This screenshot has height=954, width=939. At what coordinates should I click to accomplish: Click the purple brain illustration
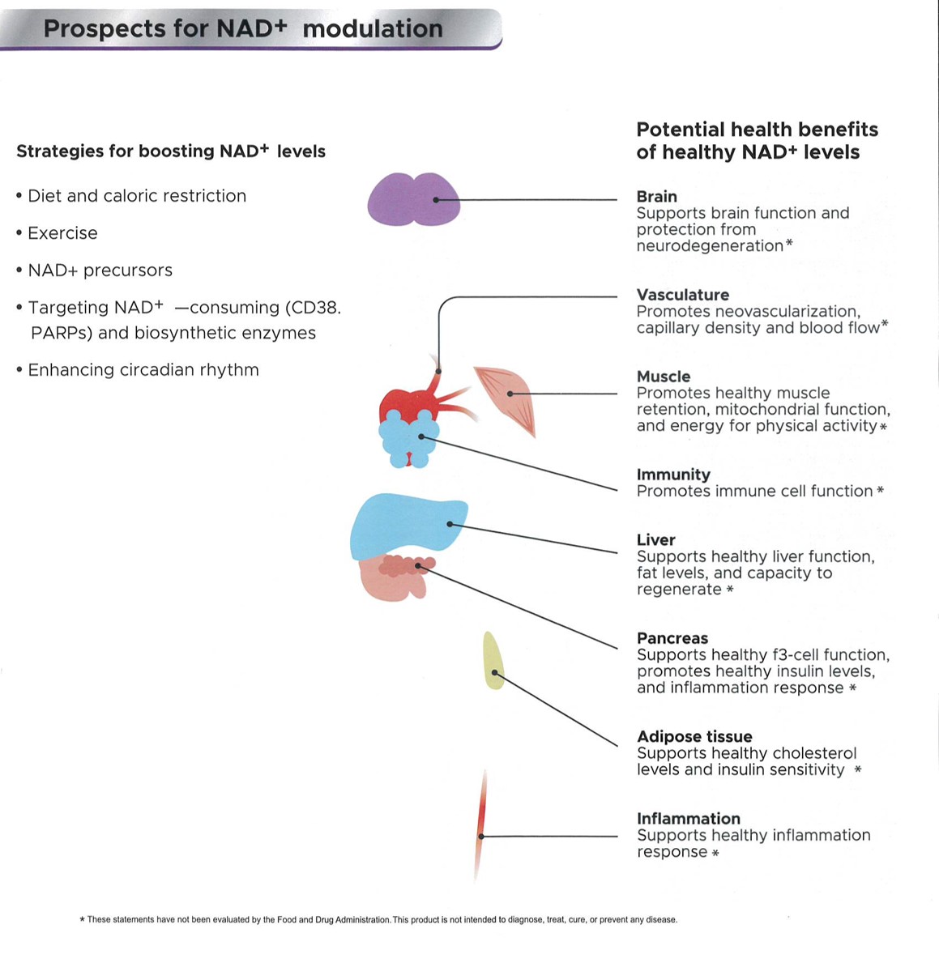[414, 199]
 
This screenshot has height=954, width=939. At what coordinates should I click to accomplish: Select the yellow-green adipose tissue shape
[493, 661]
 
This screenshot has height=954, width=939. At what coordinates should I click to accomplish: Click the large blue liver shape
[407, 526]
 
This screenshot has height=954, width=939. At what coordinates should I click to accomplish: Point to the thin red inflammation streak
[481, 824]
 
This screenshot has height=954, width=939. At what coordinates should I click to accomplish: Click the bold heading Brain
[656, 197]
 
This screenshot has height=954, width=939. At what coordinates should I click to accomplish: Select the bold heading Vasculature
[683, 295]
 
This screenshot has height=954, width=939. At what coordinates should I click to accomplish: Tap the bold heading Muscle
[664, 377]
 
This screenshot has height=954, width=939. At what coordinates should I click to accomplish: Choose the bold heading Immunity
[673, 475]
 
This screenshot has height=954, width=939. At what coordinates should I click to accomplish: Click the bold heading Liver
[656, 540]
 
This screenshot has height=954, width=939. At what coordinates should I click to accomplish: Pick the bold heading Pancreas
[672, 638]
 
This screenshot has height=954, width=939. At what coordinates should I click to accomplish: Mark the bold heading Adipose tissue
[694, 737]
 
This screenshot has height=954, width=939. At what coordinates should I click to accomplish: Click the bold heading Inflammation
[689, 819]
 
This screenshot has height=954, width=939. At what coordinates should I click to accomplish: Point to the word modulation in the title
[373, 28]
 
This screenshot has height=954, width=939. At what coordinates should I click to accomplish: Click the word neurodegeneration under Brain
[711, 246]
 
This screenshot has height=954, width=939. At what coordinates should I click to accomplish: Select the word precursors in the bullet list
[128, 270]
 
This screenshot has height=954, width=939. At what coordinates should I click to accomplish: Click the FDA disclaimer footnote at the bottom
[378, 919]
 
